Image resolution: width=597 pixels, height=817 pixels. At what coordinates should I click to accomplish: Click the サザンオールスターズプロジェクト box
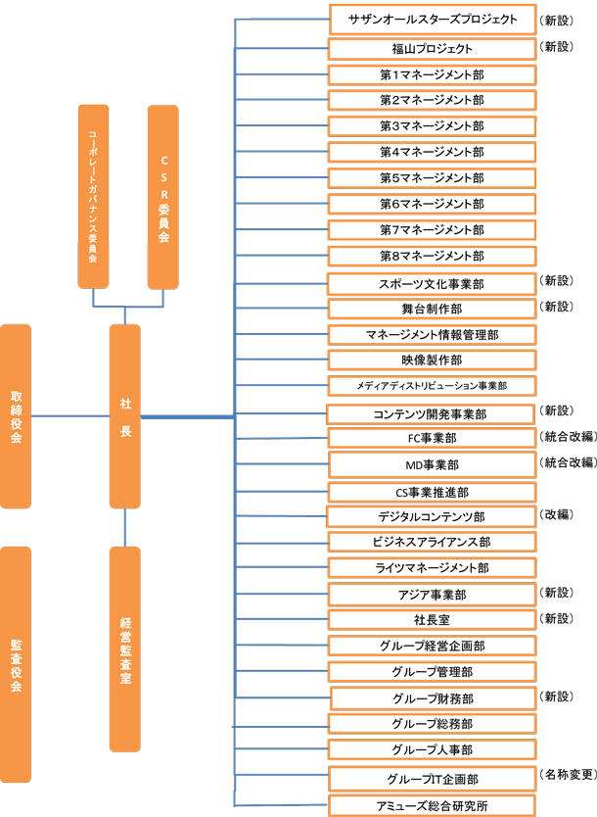pyautogui.click(x=433, y=20)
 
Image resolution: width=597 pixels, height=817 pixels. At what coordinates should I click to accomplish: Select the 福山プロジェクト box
pyautogui.click(x=432, y=48)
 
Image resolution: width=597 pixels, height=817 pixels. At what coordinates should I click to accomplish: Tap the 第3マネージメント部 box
pyautogui.click(x=432, y=126)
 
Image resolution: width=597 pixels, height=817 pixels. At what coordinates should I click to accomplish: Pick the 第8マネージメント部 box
pyautogui.click(x=432, y=256)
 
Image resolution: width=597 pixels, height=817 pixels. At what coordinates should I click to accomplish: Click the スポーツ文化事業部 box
pyautogui.click(x=432, y=284)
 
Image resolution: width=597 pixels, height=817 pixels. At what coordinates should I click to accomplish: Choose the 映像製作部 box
pyautogui.click(x=432, y=360)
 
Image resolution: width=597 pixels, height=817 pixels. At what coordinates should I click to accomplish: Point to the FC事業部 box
pyautogui.click(x=432, y=438)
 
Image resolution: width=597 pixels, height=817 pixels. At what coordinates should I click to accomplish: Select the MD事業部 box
pyautogui.click(x=432, y=464)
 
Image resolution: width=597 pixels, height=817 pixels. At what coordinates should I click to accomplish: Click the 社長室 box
pyautogui.click(x=432, y=620)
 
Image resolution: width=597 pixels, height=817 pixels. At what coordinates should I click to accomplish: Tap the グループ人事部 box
pyautogui.click(x=432, y=749)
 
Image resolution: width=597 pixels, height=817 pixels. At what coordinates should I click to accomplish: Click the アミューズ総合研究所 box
pyautogui.click(x=432, y=805)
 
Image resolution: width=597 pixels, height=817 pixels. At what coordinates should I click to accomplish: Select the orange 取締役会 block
pyautogui.click(x=16, y=416)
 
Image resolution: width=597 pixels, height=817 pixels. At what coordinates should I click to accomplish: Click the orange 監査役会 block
pyautogui.click(x=16, y=664)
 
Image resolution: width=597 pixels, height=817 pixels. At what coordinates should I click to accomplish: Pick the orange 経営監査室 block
pyautogui.click(x=125, y=649)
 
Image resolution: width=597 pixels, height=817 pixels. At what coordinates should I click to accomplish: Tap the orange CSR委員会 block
pyautogui.click(x=162, y=197)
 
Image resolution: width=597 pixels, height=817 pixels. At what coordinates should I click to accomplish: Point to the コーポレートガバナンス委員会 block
pyautogui.click(x=93, y=197)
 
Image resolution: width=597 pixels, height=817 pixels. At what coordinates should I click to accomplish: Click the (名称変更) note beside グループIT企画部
pyautogui.click(x=569, y=774)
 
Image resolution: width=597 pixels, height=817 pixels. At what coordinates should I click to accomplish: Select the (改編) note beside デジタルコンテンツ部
pyautogui.click(x=557, y=514)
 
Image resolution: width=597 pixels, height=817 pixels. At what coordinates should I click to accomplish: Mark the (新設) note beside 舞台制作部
pyautogui.click(x=557, y=307)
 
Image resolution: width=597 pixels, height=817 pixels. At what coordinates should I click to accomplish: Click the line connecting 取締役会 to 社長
pyautogui.click(x=70, y=415)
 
